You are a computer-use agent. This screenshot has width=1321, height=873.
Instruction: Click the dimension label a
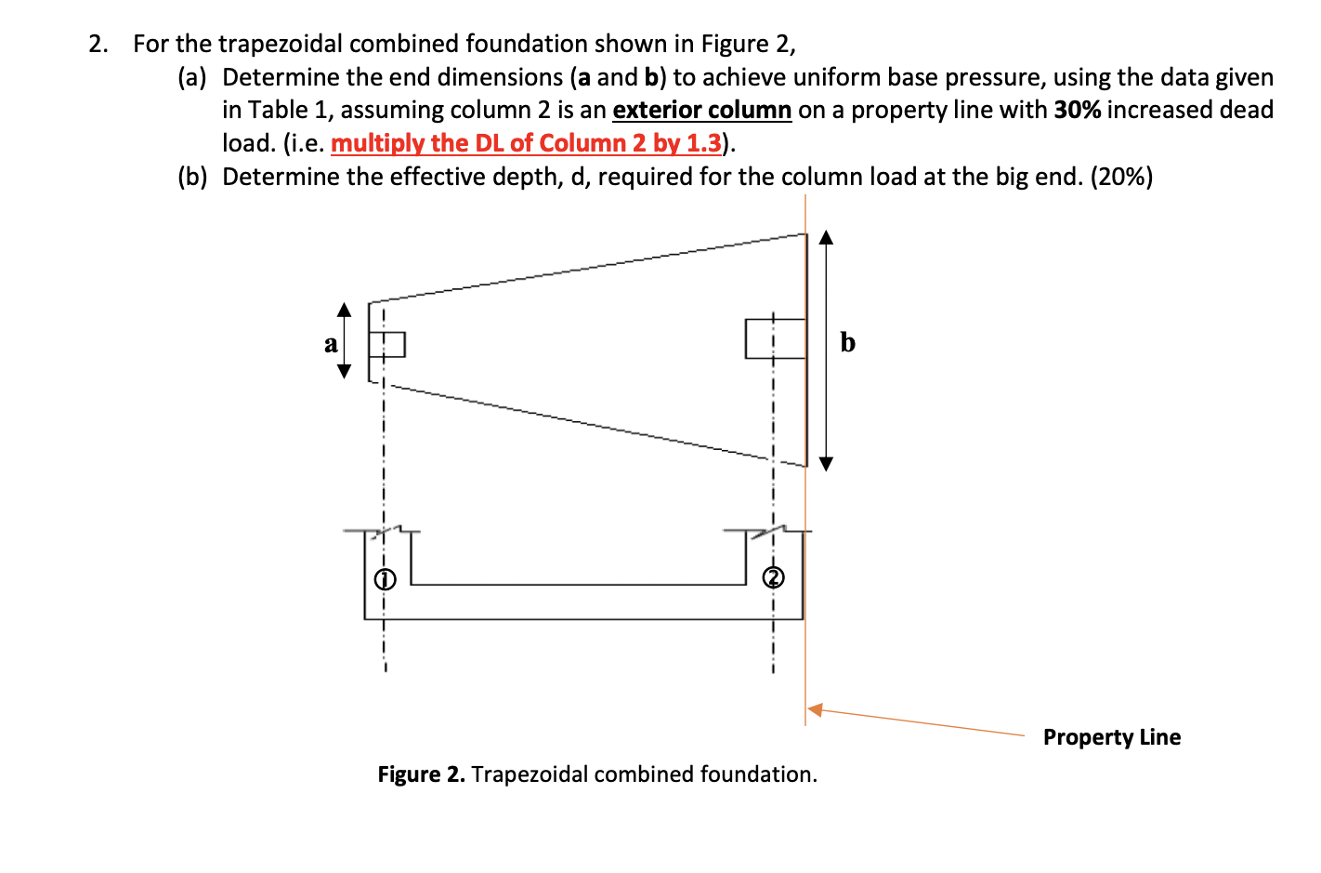pyautogui.click(x=331, y=344)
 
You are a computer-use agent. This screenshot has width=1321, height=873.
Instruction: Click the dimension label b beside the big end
pyautogui.click(x=847, y=342)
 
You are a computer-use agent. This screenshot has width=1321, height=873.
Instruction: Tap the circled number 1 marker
pyautogui.click(x=385, y=580)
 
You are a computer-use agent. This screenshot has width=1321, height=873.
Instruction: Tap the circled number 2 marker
pyautogui.click(x=773, y=578)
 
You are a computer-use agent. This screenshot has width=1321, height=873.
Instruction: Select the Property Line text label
pyautogui.click(x=1112, y=737)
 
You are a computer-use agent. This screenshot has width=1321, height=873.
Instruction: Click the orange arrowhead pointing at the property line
pyautogui.click(x=815, y=709)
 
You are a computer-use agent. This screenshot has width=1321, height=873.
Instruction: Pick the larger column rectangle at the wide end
pyautogui.click(x=775, y=338)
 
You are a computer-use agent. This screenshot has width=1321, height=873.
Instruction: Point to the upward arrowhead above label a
pyautogui.click(x=345, y=310)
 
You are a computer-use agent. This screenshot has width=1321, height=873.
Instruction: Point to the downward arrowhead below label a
pyautogui.click(x=345, y=372)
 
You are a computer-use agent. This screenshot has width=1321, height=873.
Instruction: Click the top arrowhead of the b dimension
pyautogui.click(x=826, y=236)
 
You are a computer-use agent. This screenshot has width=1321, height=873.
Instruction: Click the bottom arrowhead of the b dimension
pyautogui.click(x=826, y=462)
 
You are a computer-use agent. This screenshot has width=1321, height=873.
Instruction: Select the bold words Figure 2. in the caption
pyautogui.click(x=421, y=774)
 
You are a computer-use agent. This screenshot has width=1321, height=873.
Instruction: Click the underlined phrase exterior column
pyautogui.click(x=701, y=110)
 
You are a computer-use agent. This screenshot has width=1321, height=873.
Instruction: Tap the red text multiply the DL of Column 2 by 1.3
pyautogui.click(x=526, y=143)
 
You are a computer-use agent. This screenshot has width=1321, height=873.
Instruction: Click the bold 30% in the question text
pyautogui.click(x=1077, y=110)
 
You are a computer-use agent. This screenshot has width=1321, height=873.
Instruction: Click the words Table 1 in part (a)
pyautogui.click(x=276, y=110)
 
